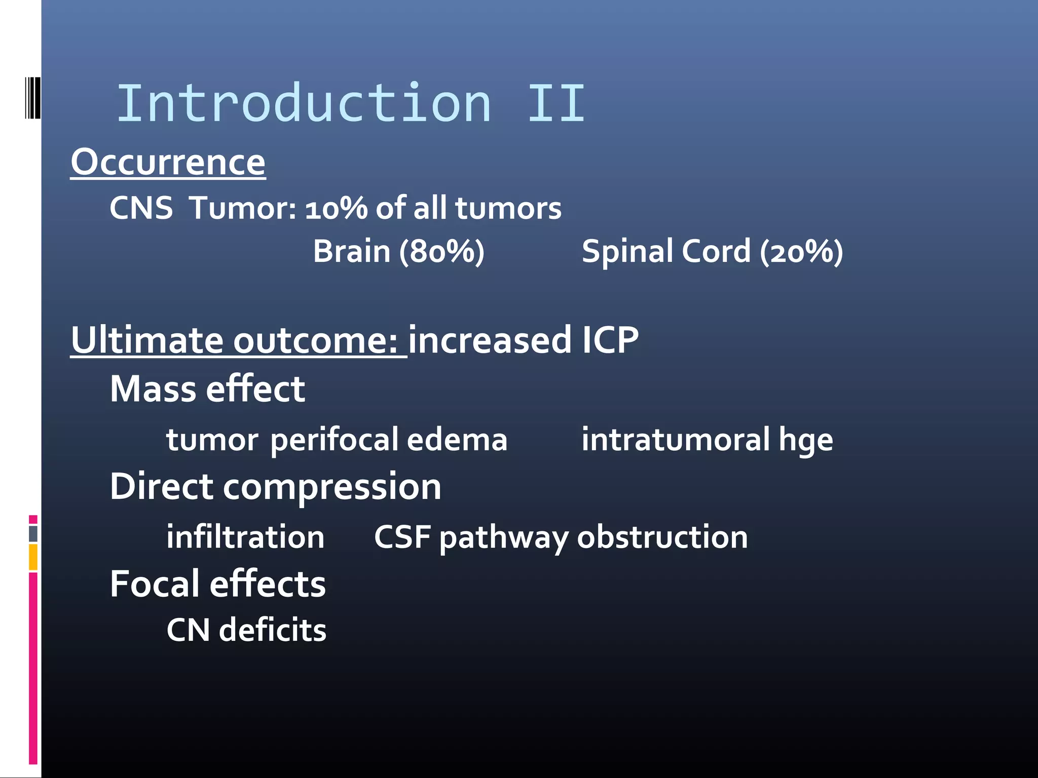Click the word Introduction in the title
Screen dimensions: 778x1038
(304, 104)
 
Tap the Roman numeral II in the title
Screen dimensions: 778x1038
(556, 104)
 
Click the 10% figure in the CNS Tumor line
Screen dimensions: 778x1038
(336, 208)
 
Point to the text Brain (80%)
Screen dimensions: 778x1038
(398, 251)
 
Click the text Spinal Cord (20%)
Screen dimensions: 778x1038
(712, 251)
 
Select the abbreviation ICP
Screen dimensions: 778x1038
(610, 340)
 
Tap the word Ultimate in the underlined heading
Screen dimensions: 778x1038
(147, 340)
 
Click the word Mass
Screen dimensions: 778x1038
(153, 389)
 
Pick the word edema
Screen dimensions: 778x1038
(457, 439)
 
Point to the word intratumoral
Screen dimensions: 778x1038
(676, 439)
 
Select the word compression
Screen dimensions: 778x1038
(332, 487)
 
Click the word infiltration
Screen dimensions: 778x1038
(245, 537)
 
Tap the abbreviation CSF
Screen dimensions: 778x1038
(402, 537)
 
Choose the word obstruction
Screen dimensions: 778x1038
(662, 537)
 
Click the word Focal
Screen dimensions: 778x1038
(155, 584)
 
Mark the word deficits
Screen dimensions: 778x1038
(272, 630)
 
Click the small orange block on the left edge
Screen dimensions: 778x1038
(33, 557)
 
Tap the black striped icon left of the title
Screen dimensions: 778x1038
(32, 98)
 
